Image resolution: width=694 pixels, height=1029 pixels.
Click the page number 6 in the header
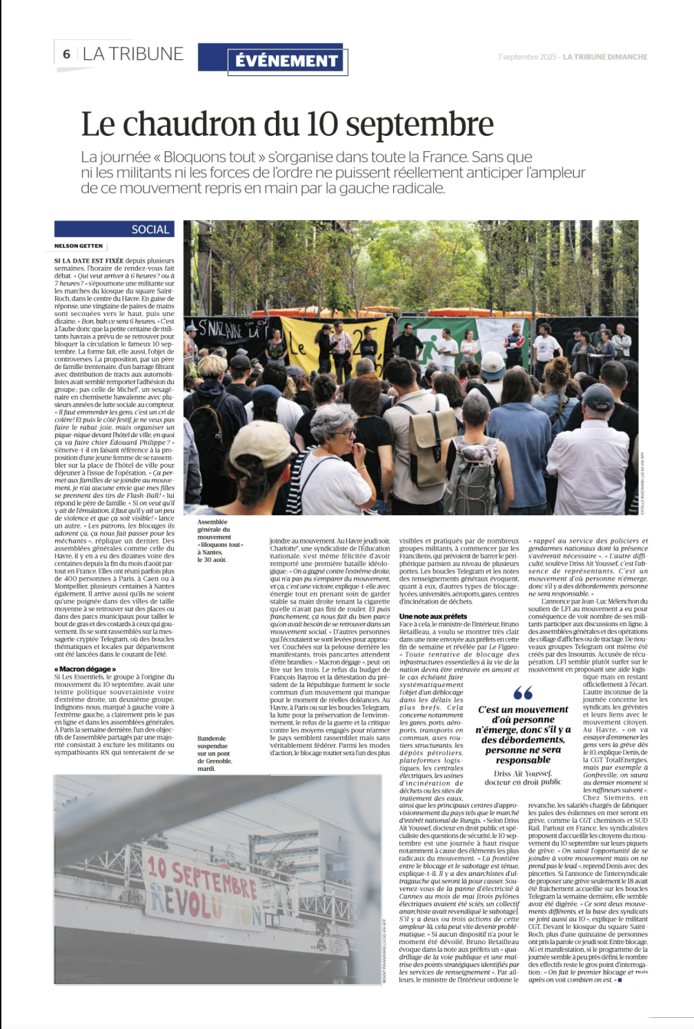point(66,54)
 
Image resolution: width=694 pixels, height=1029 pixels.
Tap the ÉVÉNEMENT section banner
point(286,61)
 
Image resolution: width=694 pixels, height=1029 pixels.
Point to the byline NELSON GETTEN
point(79,246)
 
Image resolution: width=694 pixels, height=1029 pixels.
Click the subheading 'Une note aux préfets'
point(433,616)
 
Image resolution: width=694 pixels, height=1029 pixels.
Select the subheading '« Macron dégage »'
point(86,669)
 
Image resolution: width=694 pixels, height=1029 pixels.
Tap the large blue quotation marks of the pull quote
point(523,692)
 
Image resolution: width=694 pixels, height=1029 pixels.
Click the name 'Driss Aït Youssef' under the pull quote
point(523,773)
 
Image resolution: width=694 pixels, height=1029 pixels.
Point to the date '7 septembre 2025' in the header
point(527,57)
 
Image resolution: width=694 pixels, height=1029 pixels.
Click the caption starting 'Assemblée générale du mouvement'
point(219,541)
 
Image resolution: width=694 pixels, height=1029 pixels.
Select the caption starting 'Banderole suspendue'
point(215,753)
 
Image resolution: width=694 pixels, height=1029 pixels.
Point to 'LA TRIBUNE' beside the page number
point(132,54)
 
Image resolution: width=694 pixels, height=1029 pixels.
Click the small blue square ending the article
point(620,980)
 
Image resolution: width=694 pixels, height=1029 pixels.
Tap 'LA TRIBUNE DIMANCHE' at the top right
point(605,57)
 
